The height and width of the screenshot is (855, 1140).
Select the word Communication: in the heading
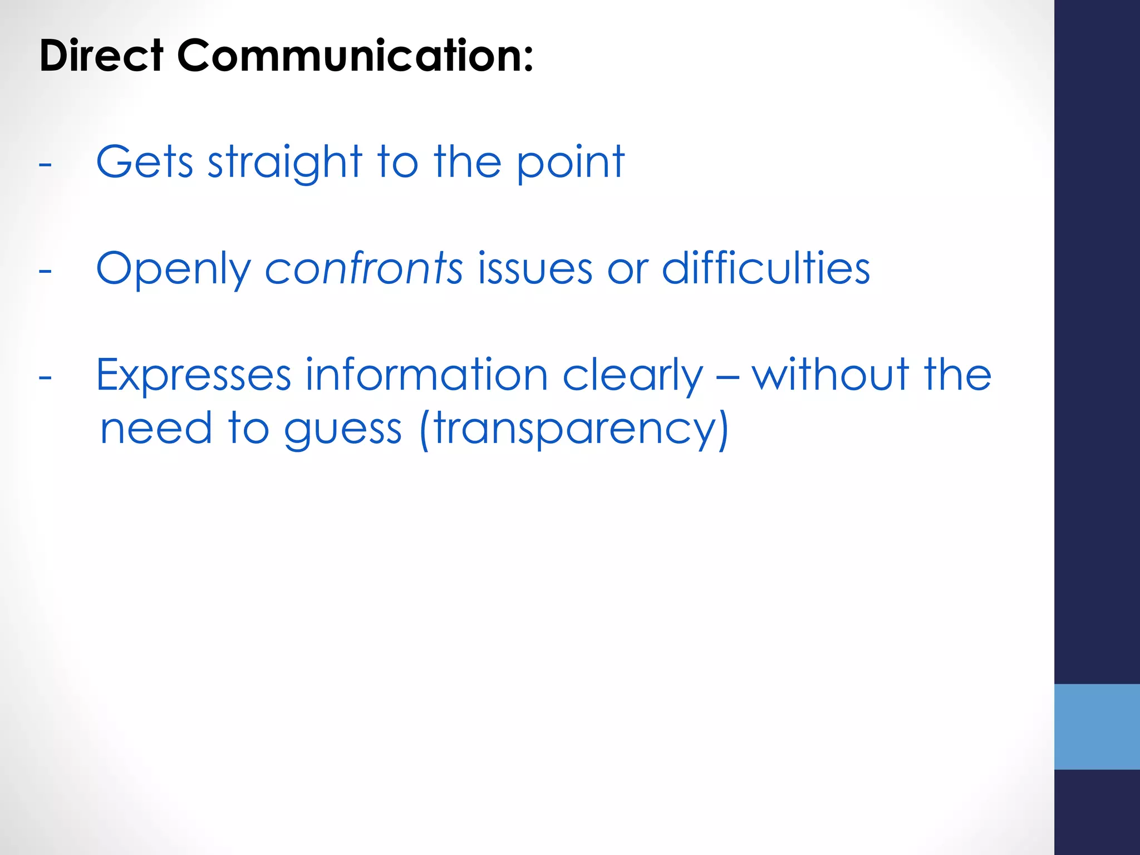[x=355, y=56]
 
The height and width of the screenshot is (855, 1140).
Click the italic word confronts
[x=363, y=268]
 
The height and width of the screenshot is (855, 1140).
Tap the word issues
[x=535, y=268]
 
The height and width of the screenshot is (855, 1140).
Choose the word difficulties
[x=765, y=268]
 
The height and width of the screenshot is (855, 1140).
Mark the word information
[x=427, y=375]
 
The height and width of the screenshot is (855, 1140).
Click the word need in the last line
[x=156, y=429]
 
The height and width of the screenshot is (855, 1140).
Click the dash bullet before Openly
[x=46, y=272]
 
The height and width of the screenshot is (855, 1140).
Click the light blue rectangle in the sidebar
[x=1097, y=726]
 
